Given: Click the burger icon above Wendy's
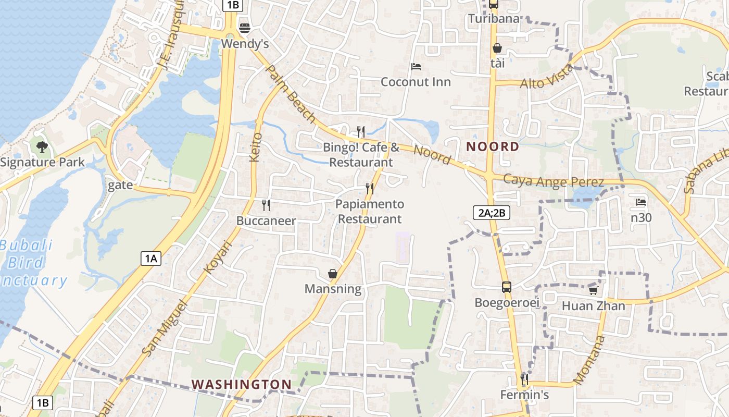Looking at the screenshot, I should pos(244,28).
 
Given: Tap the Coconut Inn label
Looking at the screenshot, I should pos(416,82).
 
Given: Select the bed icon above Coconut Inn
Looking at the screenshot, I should pos(416,67).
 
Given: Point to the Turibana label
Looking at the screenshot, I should pos(494,19).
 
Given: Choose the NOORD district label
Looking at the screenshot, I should pos(493,146).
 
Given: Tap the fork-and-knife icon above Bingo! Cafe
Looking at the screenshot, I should pos(361,132).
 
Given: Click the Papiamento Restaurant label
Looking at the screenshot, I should pos(370,211).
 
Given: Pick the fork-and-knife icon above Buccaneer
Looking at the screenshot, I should pos(266,205).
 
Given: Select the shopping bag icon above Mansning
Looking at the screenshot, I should pos(332,274).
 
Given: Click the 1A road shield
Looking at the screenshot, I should pos(151,258).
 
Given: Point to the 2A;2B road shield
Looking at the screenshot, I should pos(491,213).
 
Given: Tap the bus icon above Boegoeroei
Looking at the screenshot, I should pos(506,287).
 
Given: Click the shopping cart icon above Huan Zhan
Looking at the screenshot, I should pos(593,290).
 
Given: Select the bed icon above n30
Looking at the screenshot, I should pos(641,202).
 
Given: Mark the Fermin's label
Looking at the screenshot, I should pos(524,395).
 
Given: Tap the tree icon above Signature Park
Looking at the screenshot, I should pos(42,146).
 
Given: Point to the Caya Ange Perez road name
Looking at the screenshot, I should pos(554,181).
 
